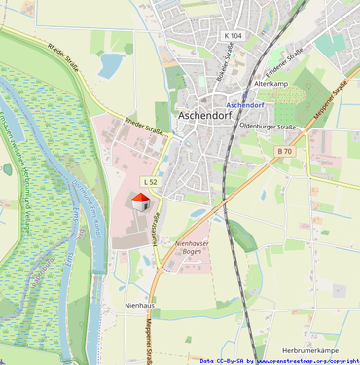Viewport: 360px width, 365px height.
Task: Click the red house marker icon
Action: pos(140,201)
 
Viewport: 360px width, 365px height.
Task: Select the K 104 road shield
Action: pos(233,35)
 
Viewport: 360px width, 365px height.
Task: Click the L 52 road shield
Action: pos(151,182)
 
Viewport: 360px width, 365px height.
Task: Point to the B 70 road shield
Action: pos(284,151)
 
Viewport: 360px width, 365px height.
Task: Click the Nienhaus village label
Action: pos(139,305)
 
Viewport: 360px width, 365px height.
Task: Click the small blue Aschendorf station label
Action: pos(245,103)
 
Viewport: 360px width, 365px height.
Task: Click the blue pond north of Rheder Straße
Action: pos(110,65)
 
